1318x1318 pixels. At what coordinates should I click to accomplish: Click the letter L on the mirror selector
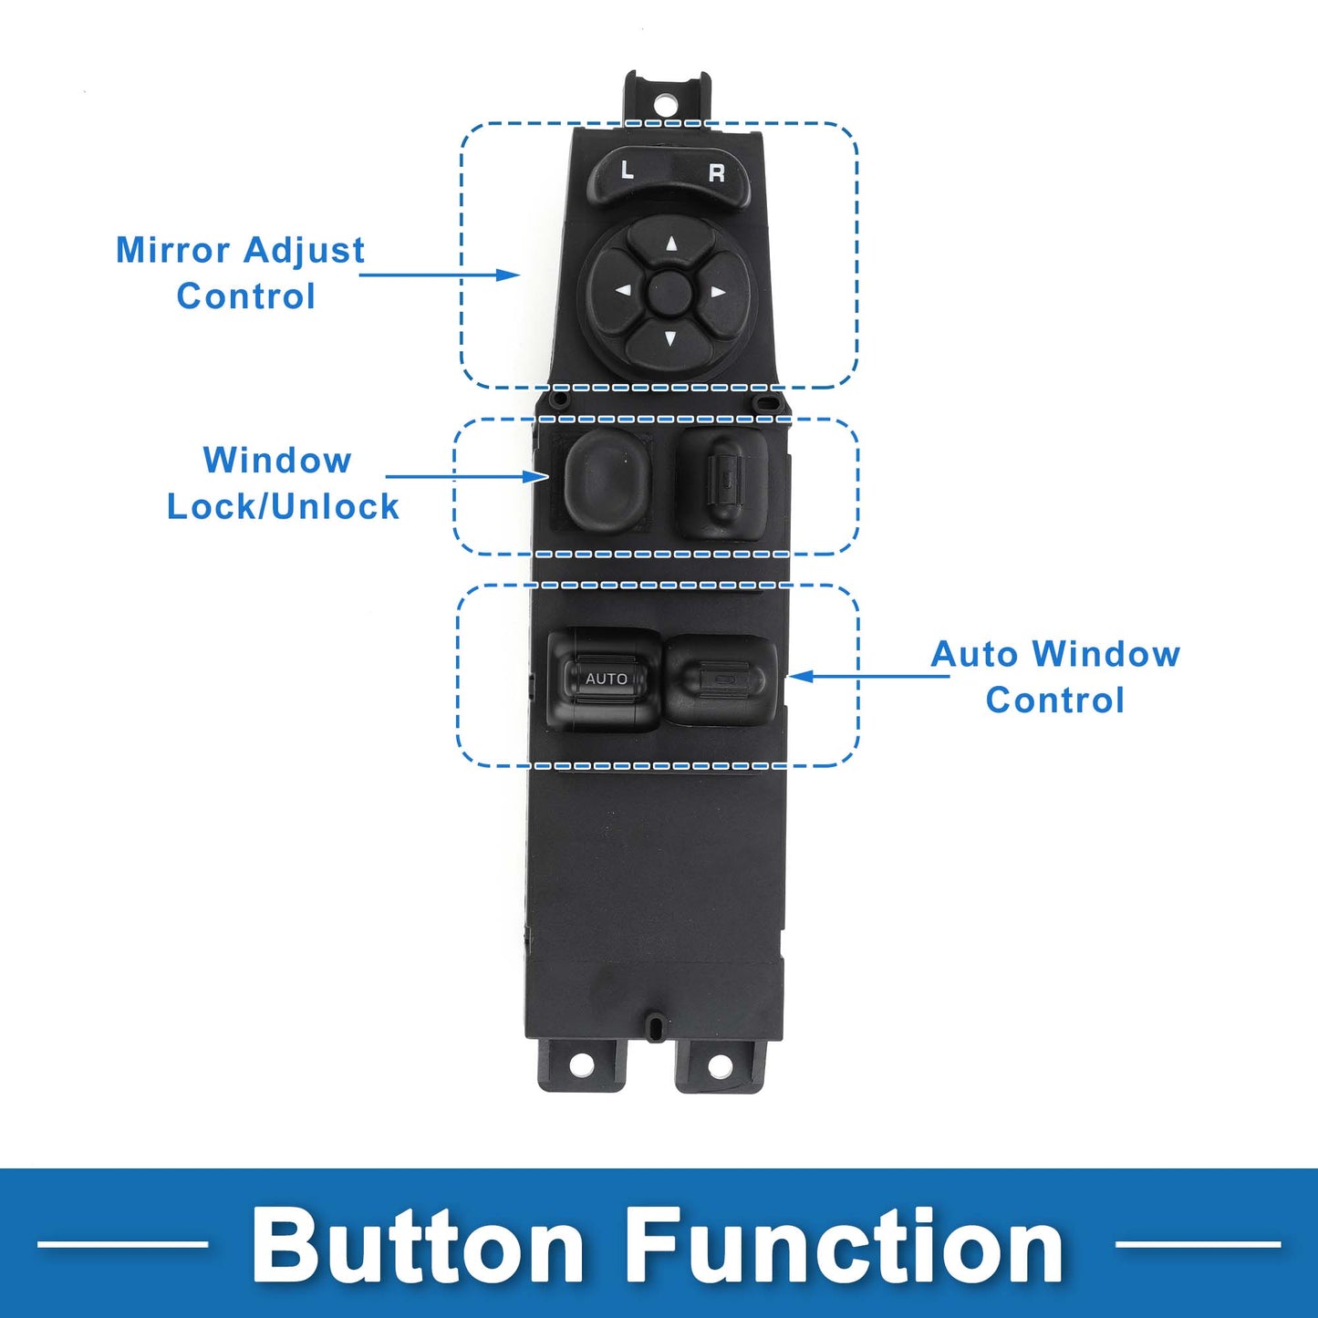coord(627,170)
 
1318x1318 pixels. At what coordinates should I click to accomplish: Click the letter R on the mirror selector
coord(717,173)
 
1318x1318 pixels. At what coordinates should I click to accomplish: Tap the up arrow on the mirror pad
coord(671,244)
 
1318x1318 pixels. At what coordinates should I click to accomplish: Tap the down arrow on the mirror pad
coord(670,339)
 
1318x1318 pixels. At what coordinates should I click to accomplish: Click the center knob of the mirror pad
coord(670,292)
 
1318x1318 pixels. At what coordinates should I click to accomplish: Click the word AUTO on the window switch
coord(607,679)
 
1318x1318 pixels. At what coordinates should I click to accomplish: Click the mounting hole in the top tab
coord(666,102)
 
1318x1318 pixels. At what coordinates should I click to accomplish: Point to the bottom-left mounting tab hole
coord(581,1064)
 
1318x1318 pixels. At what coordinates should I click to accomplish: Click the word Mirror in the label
coord(172,250)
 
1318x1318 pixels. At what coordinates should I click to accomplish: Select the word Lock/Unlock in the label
coord(283,507)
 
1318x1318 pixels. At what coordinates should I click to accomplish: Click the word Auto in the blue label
coord(974,655)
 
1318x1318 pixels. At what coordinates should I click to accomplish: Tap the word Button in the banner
coord(418,1245)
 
